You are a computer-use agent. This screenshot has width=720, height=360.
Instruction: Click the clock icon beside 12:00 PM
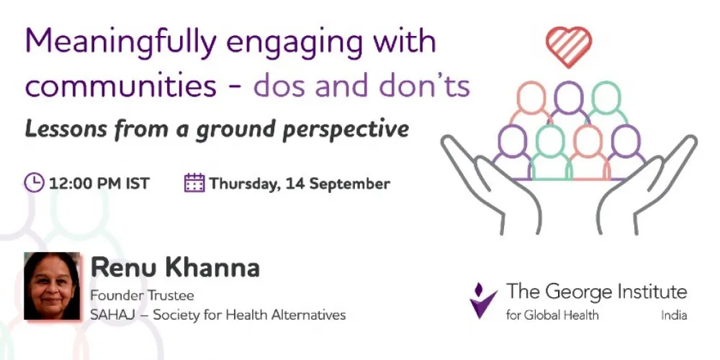click(34, 183)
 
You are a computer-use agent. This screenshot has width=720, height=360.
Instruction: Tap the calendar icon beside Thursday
click(194, 183)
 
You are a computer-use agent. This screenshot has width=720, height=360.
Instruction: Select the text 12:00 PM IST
click(99, 184)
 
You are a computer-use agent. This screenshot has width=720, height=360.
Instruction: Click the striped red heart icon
click(568, 45)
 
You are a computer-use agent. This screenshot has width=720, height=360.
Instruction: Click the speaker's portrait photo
click(52, 286)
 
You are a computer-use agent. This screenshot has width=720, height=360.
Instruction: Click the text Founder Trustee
click(142, 296)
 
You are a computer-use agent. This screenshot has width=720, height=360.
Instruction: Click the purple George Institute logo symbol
click(483, 300)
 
